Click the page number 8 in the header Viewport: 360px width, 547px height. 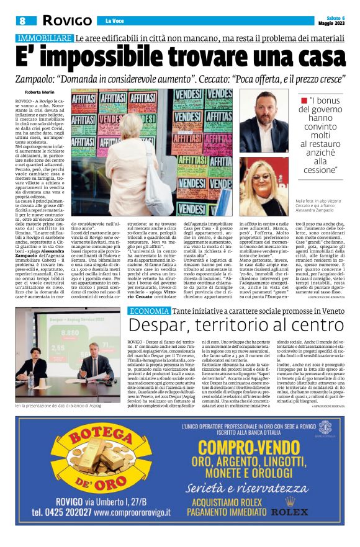(x=23, y=20)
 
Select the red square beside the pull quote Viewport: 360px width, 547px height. (x=304, y=100)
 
